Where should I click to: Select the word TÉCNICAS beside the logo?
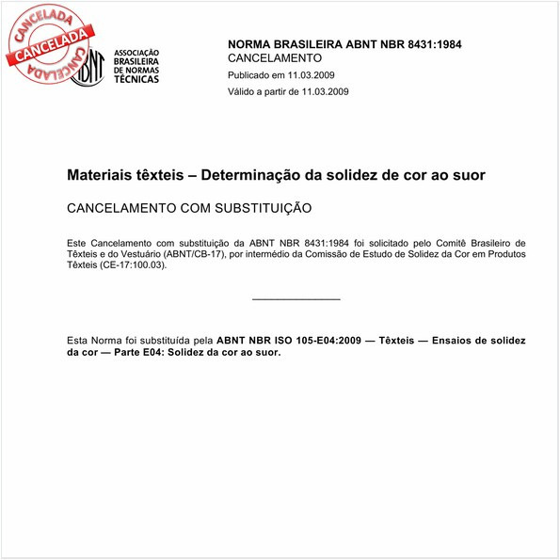[x=136, y=79]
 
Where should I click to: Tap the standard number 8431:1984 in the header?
[x=429, y=44]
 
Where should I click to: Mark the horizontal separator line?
[x=296, y=299]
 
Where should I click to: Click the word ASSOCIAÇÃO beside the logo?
[x=136, y=53]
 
